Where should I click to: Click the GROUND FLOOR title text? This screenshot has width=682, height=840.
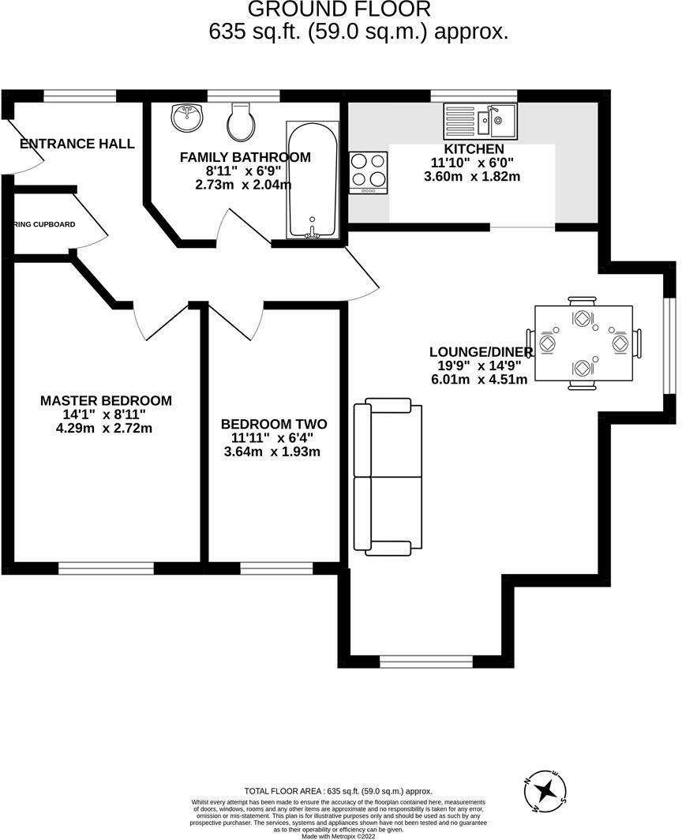pyautogui.click(x=339, y=9)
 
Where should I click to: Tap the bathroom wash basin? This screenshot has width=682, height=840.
pyautogui.click(x=186, y=119)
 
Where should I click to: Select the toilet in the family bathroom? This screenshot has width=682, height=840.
pyautogui.click(x=240, y=122)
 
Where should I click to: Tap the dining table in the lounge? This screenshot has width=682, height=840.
pyautogui.click(x=583, y=343)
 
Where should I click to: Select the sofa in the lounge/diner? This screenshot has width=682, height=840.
pyautogui.click(x=388, y=475)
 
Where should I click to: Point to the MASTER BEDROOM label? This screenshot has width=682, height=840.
pyautogui.click(x=106, y=401)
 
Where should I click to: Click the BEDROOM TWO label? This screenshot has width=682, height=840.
pyautogui.click(x=273, y=424)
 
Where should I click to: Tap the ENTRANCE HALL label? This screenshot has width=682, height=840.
pyautogui.click(x=77, y=144)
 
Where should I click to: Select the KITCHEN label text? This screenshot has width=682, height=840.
pyautogui.click(x=474, y=149)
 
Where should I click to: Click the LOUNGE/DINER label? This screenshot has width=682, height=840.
pyautogui.click(x=481, y=352)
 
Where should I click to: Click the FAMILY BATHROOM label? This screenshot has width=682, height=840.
pyautogui.click(x=245, y=157)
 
